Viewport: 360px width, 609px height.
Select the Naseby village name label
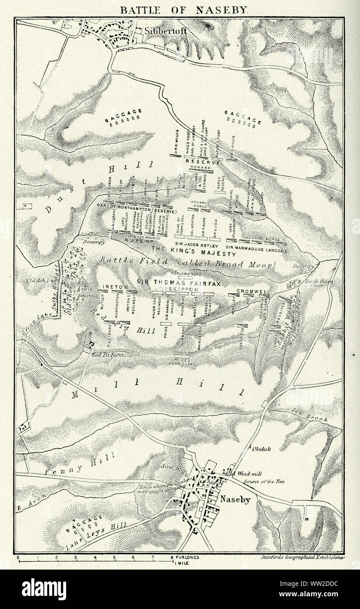(x=235, y=499)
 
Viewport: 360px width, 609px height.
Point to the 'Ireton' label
(x=114, y=287)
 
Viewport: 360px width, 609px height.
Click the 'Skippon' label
(x=179, y=290)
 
